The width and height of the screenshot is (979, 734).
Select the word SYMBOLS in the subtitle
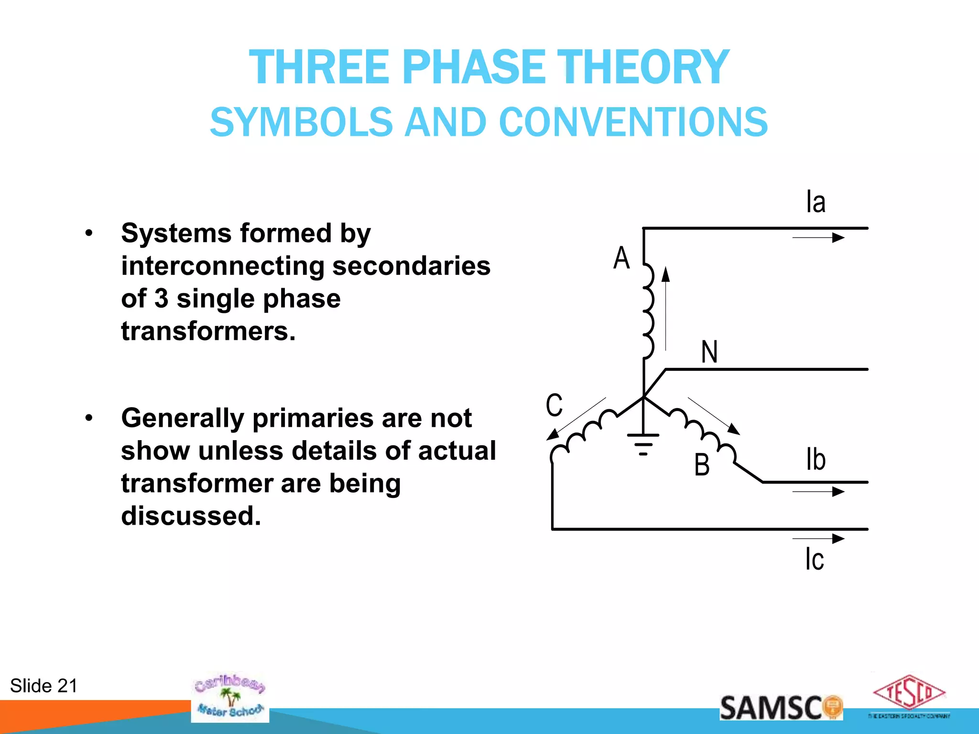pyautogui.click(x=301, y=122)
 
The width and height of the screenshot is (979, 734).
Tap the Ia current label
pyautogui.click(x=816, y=202)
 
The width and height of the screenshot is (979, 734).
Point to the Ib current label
pyautogui.click(x=816, y=459)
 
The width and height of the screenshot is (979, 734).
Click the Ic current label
pyautogui.click(x=815, y=559)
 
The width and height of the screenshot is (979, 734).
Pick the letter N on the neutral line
pyautogui.click(x=709, y=352)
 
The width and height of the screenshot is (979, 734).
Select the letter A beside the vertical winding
pyautogui.click(x=621, y=258)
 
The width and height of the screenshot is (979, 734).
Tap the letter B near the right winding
pyautogui.click(x=702, y=464)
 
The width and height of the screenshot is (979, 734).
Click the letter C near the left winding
pyautogui.click(x=555, y=405)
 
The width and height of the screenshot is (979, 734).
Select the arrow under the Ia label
pyautogui.click(x=818, y=237)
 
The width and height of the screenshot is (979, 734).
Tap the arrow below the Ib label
pyautogui.click(x=818, y=491)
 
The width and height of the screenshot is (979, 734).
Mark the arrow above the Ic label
pyautogui.click(x=818, y=539)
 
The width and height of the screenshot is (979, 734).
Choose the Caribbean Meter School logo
pyautogui.click(x=230, y=697)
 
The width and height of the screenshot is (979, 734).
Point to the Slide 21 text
pyautogui.click(x=44, y=686)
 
